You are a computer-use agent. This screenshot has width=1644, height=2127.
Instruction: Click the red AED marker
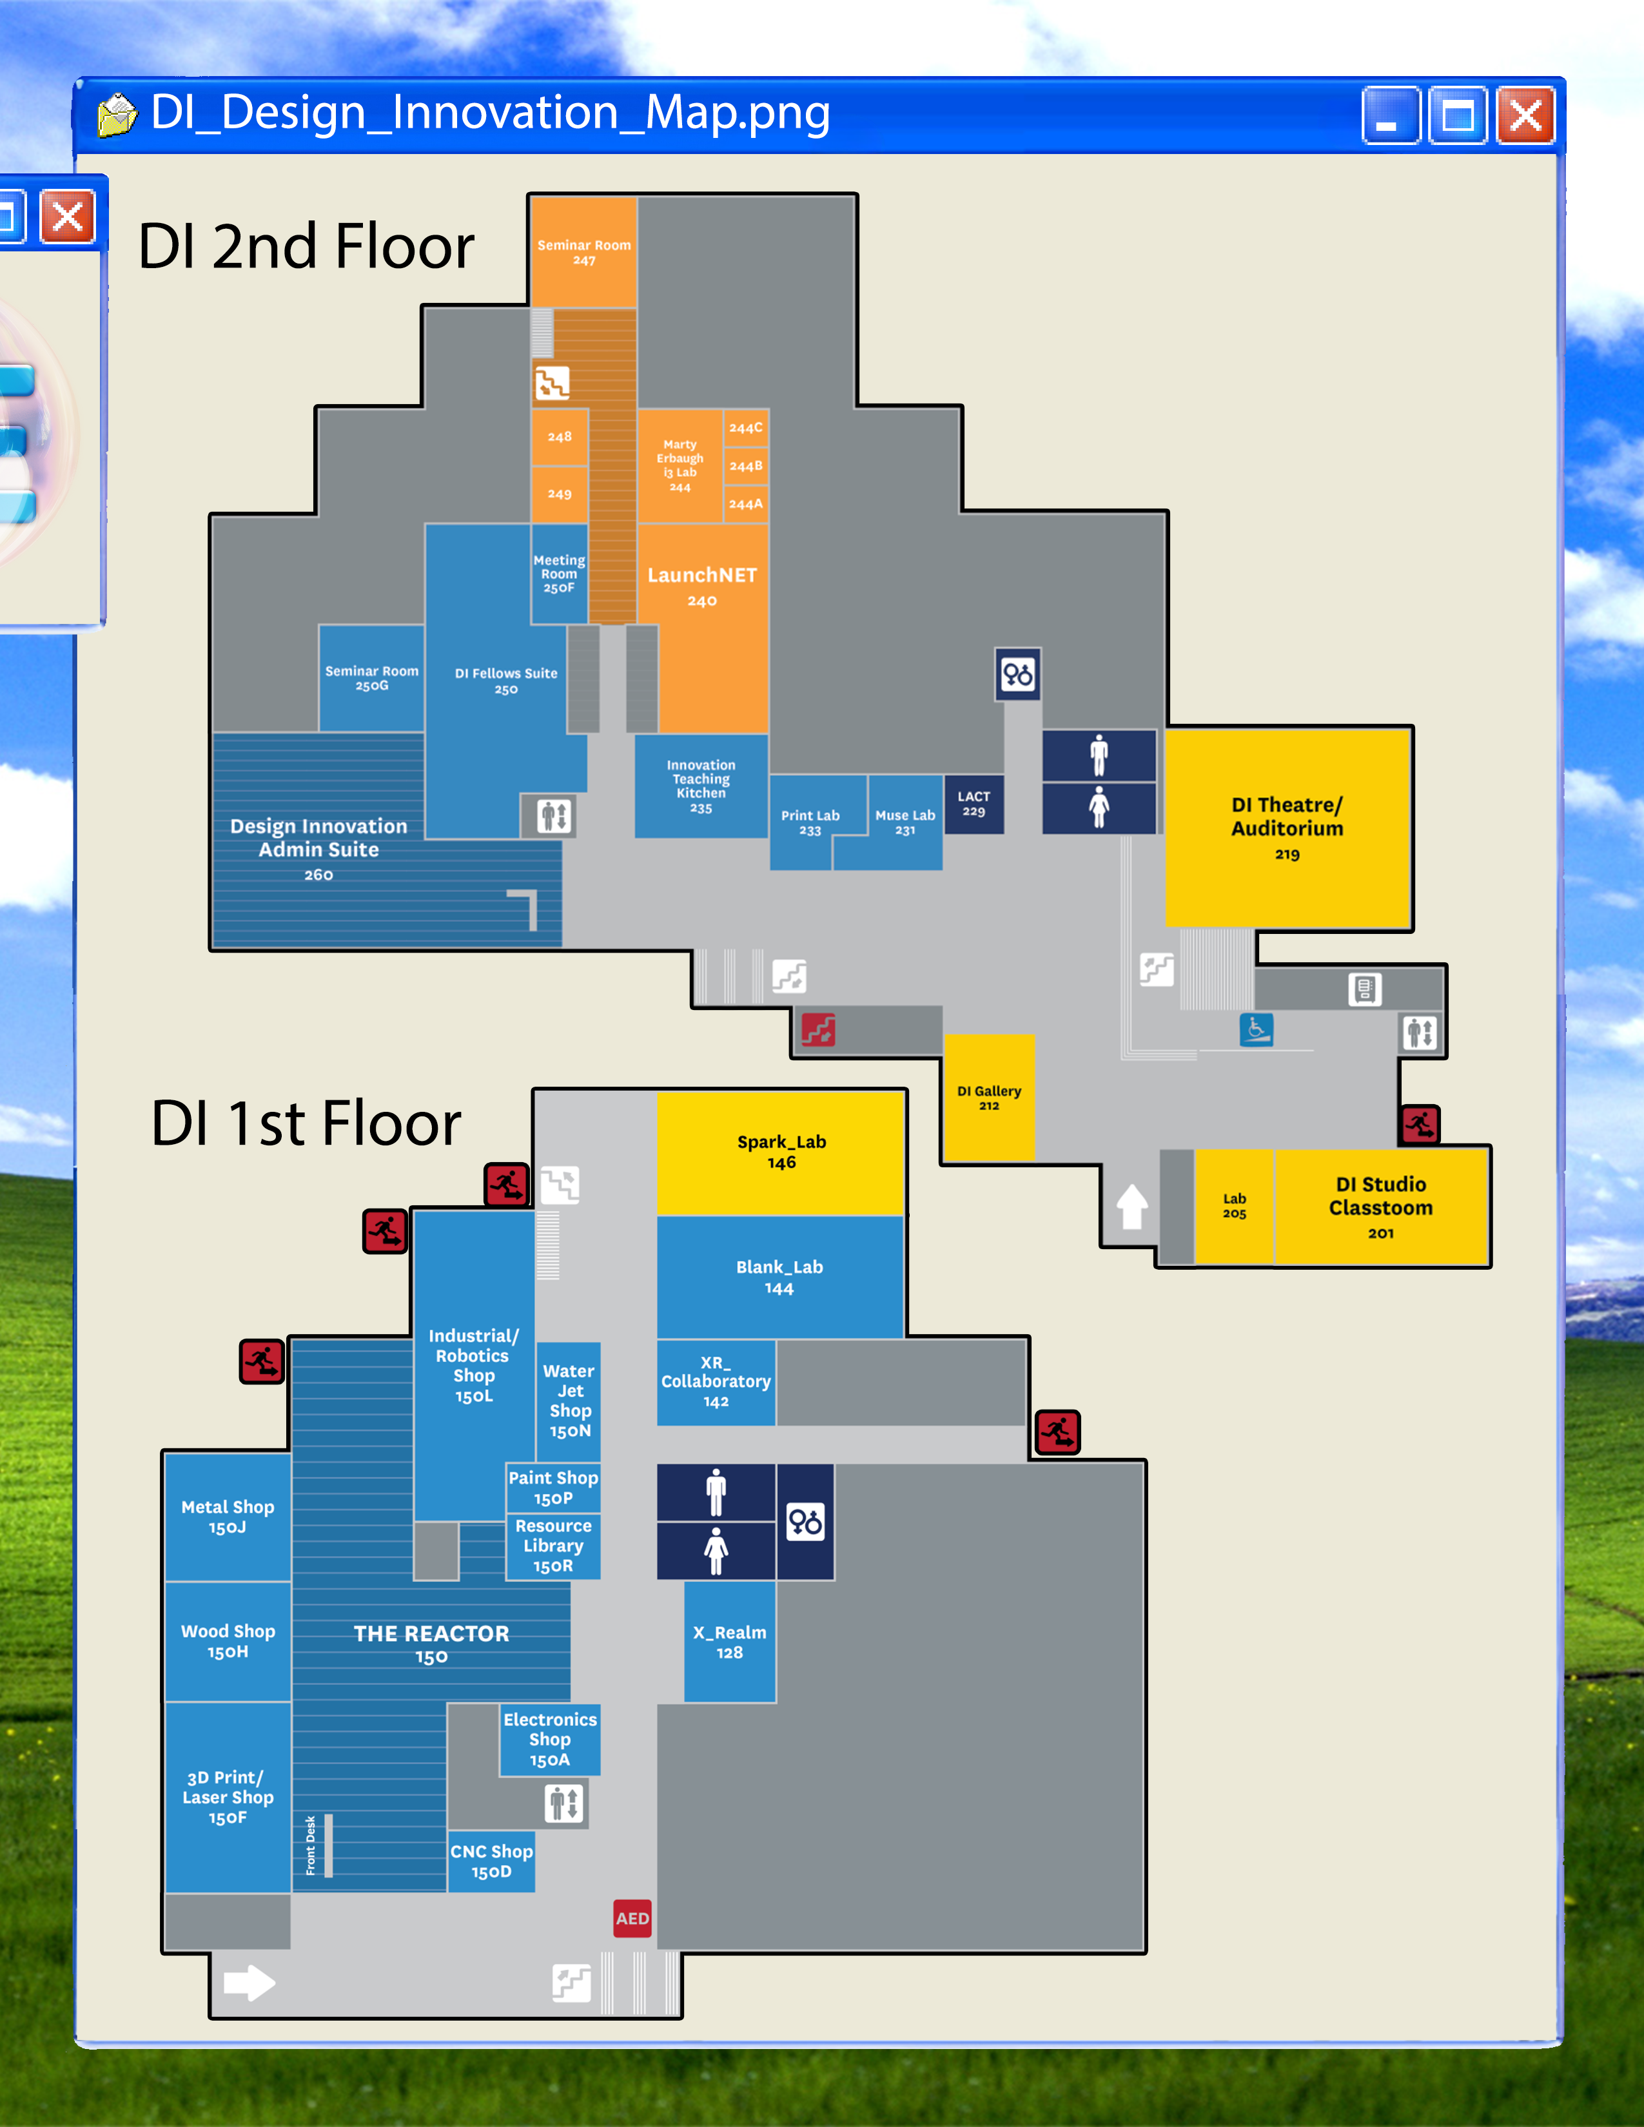click(x=632, y=1918)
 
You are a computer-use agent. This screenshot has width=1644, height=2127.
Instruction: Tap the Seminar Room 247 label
click(x=584, y=252)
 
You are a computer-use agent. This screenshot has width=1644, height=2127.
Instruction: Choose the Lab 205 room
click(x=1234, y=1207)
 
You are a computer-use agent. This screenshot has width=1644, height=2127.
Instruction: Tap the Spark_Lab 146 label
click(x=782, y=1151)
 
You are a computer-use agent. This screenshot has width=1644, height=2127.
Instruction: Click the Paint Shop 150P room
click(x=553, y=1487)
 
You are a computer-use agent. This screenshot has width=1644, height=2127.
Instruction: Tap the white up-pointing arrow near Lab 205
click(x=1131, y=1207)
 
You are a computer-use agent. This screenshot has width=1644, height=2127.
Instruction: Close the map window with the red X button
click(x=1525, y=115)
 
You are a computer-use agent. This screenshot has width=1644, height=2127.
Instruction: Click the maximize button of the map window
click(x=1458, y=115)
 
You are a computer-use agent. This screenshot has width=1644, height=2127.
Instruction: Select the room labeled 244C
click(x=746, y=427)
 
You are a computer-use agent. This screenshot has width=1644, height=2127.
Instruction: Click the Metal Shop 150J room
click(x=228, y=1517)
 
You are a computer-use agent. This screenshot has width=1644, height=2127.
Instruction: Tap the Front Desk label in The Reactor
click(x=311, y=1845)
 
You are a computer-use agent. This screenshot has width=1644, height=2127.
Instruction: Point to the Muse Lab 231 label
click(x=905, y=822)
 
